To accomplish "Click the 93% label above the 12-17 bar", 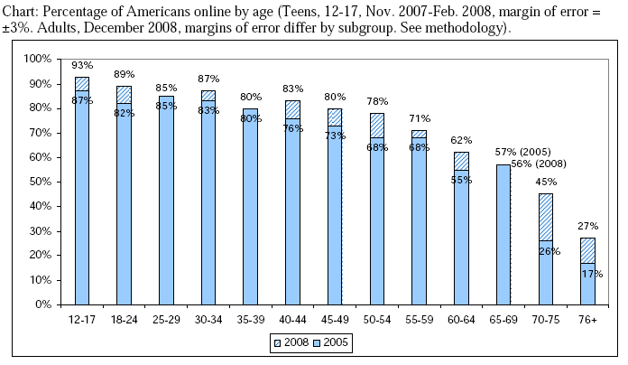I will (x=82, y=65).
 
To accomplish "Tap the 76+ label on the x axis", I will (x=587, y=319).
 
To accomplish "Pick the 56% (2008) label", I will (x=539, y=164).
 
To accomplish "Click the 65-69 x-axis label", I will (x=503, y=319).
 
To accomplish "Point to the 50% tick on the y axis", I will (x=39, y=182).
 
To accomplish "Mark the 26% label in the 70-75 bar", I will (x=547, y=250).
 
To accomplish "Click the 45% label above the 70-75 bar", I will (x=546, y=182).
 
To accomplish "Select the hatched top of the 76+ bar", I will (x=587, y=250).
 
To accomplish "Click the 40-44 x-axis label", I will (x=292, y=319).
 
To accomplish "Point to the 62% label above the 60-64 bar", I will (x=461, y=140).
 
